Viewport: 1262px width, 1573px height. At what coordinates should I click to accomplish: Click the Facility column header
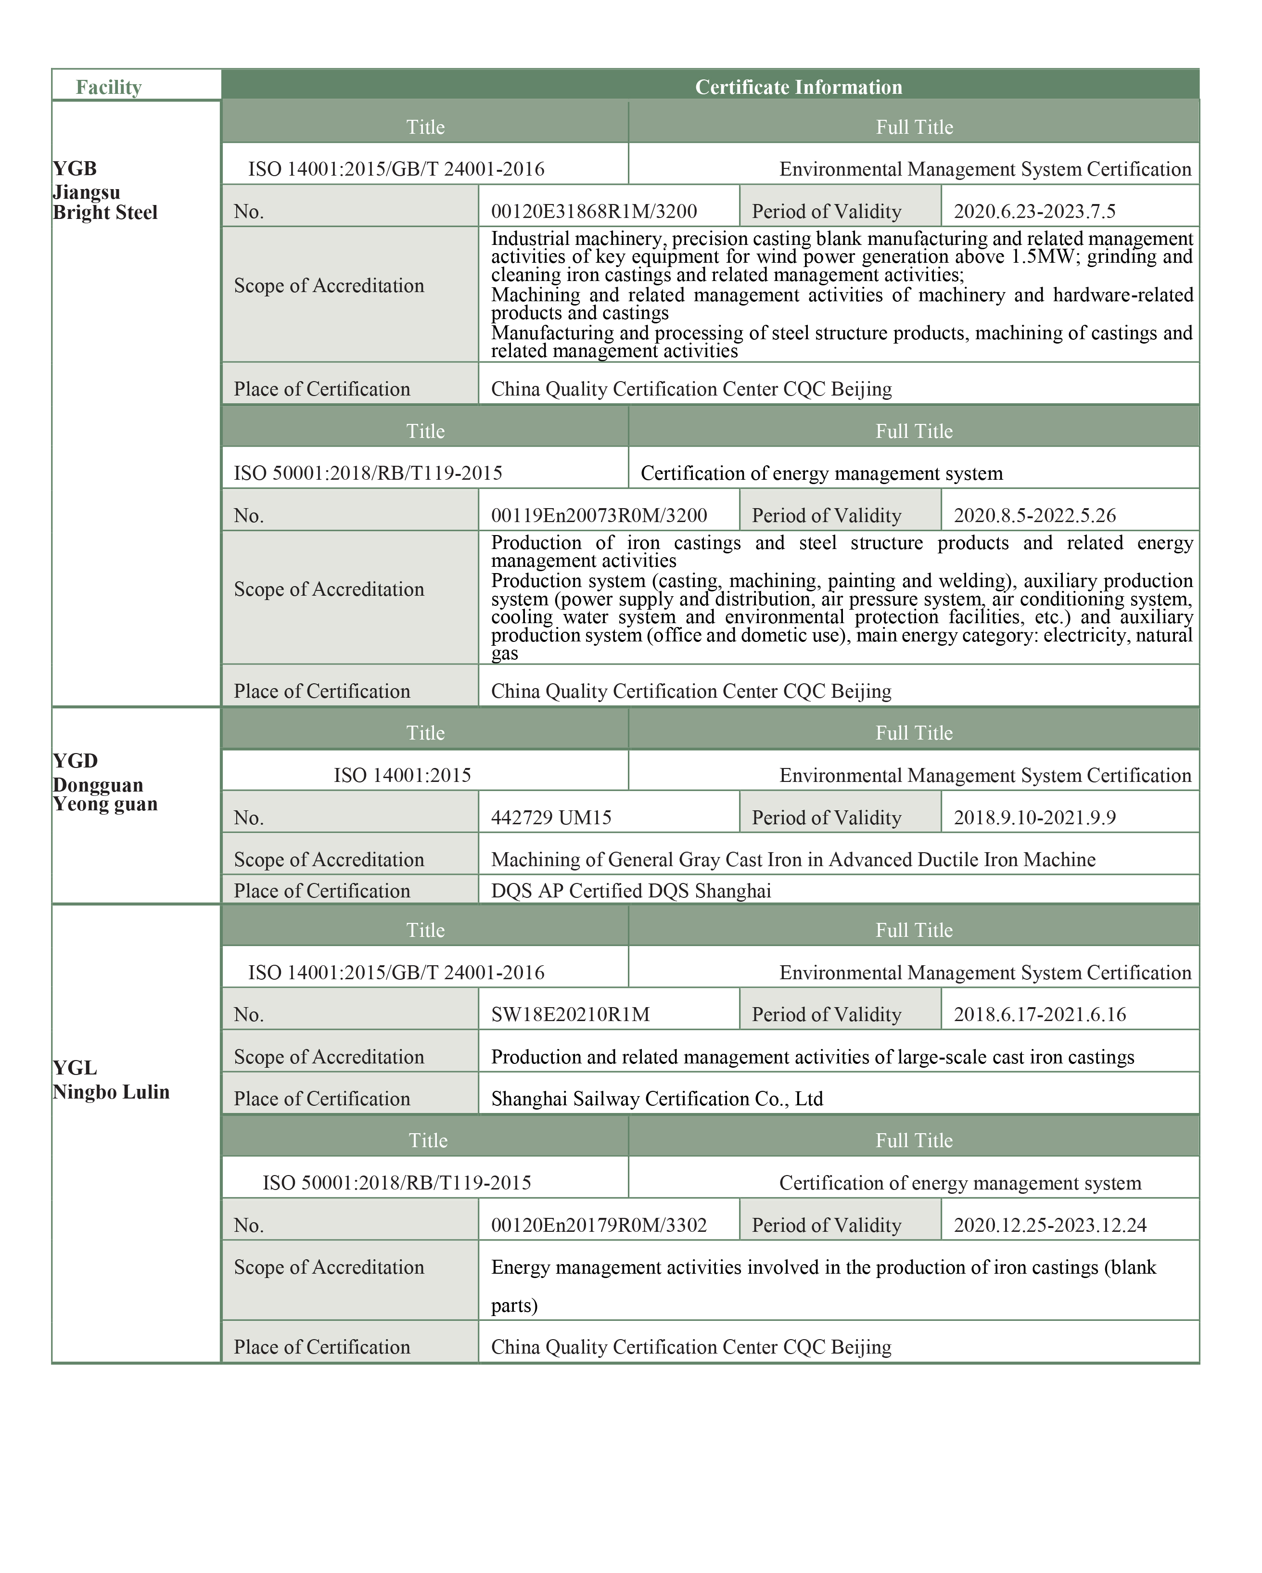coord(109,88)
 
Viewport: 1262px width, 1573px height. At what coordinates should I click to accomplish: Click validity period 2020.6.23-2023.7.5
coord(1034,212)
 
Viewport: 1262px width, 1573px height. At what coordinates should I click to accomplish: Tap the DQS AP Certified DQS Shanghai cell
coord(631,891)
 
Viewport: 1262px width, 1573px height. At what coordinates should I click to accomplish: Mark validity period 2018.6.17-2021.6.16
coord(1040,1015)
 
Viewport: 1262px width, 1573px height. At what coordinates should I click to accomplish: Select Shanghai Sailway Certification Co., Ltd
coord(657,1099)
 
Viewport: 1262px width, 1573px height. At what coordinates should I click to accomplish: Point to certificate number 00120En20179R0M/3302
coord(599,1225)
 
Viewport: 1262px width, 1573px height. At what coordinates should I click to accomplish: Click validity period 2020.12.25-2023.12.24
coord(1050,1225)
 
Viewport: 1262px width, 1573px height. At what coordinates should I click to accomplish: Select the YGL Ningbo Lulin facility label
coord(111,1080)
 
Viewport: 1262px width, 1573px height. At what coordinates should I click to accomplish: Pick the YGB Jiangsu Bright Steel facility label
coord(105,191)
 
